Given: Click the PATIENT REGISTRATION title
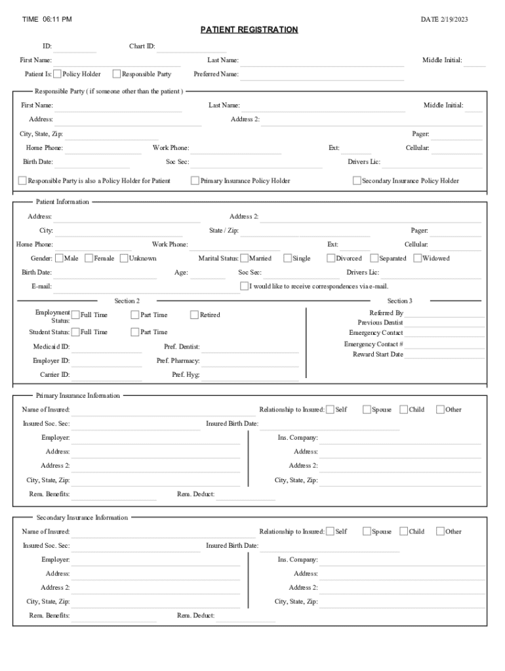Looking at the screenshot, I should [249, 30].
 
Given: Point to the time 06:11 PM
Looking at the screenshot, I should [47, 20].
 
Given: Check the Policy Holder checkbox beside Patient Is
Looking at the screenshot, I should [58, 74].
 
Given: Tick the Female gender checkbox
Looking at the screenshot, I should [89, 258].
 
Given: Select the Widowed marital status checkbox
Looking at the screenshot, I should [418, 258].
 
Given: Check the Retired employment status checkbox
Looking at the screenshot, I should [194, 315].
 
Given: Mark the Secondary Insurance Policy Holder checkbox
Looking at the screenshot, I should [357, 181].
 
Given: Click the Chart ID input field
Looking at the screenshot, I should [192, 47].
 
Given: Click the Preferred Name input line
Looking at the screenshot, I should [321, 75].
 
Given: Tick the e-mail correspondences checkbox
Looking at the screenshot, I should [244, 286].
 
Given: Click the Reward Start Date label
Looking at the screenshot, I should [378, 355].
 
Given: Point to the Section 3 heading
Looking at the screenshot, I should [399, 301].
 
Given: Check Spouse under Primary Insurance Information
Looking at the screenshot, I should [367, 410].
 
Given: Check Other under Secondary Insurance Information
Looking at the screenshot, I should [440, 531].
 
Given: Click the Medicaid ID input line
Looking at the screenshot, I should [106, 348].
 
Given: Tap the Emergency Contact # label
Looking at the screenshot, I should [373, 344].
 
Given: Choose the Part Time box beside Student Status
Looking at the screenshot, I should [135, 332].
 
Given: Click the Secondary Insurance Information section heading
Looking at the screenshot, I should [82, 518].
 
